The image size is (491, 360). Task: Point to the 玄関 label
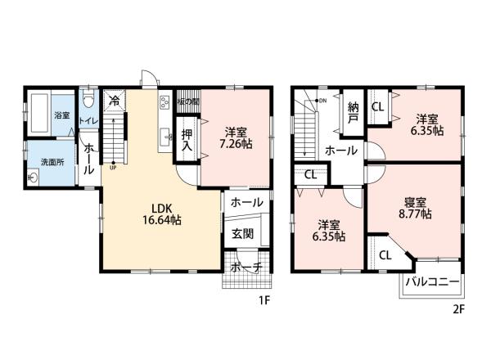click(242, 234)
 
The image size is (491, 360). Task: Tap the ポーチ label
click(245, 268)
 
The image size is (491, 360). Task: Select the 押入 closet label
click(187, 141)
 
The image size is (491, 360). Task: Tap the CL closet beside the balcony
click(383, 254)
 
